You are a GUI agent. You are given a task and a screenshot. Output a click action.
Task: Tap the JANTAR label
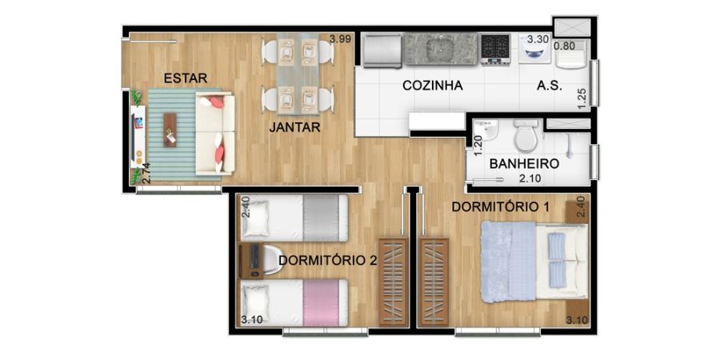click(294, 127)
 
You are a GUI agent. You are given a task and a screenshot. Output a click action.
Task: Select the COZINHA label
click(432, 86)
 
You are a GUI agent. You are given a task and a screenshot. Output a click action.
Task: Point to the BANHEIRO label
click(524, 163)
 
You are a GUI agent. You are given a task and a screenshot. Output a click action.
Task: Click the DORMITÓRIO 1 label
click(501, 206)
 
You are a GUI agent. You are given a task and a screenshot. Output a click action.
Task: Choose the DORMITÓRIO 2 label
click(328, 260)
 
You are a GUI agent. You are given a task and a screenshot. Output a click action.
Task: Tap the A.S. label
click(550, 86)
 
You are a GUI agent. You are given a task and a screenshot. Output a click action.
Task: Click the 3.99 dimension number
click(340, 39)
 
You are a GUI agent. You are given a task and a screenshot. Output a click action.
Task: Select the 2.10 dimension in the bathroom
click(530, 178)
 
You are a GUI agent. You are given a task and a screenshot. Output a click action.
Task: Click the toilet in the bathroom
click(526, 135)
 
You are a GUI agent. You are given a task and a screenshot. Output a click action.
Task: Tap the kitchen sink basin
click(440, 48)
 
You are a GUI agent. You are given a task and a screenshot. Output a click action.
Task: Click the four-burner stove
click(495, 49)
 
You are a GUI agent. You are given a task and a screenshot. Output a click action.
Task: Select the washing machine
click(535, 48)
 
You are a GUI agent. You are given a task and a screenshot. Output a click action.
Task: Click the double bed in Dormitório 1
click(534, 262)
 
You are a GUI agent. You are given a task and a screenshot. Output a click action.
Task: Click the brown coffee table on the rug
click(170, 130)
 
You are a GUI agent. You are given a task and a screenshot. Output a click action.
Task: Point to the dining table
click(298, 74)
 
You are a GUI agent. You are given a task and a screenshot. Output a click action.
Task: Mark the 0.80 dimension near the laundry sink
click(564, 46)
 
